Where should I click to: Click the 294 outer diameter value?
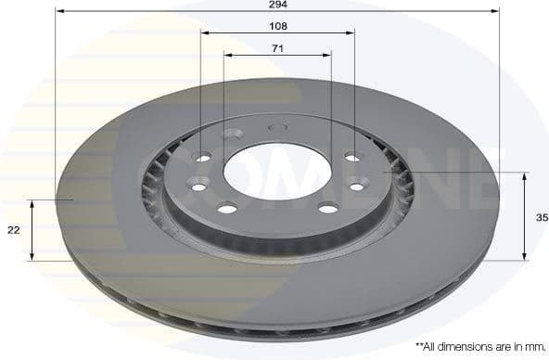277,4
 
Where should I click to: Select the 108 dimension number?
277,26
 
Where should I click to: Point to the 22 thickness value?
14,230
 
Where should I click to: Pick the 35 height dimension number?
542,217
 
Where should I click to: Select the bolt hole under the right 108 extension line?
351,158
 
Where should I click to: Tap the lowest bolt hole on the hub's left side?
227,208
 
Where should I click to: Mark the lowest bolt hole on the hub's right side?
328,208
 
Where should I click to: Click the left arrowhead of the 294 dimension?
59,10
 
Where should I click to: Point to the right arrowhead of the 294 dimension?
495,10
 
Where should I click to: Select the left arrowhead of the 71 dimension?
228,53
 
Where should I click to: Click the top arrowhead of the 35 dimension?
525,176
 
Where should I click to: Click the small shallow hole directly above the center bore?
274,128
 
